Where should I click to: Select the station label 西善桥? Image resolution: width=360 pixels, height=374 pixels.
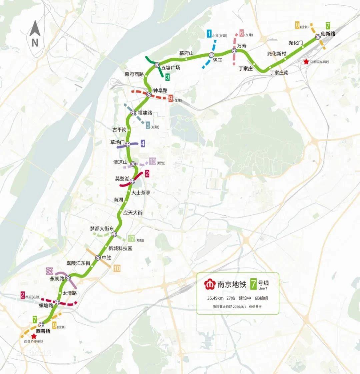click(x=43, y=331)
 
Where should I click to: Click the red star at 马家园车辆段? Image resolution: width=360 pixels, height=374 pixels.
click(x=306, y=62)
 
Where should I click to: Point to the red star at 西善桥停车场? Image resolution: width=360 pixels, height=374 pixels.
click(x=33, y=336)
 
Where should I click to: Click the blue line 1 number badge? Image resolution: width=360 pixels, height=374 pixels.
click(x=209, y=34)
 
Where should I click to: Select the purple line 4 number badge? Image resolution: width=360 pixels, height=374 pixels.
click(x=143, y=143)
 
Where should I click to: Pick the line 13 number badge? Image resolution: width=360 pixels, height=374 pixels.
click(x=153, y=161)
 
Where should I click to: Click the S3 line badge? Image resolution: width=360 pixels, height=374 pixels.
click(x=50, y=271)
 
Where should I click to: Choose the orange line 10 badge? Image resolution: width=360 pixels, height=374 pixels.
click(x=117, y=268)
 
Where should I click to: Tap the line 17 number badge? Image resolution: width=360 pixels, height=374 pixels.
click(x=131, y=239)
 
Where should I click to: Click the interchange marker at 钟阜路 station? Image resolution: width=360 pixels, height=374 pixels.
click(x=149, y=95)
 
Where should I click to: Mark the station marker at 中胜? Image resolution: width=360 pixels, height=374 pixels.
click(x=98, y=258)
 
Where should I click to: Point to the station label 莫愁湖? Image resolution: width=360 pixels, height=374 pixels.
click(x=122, y=178)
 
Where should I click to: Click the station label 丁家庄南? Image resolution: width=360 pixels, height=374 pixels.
click(x=279, y=72)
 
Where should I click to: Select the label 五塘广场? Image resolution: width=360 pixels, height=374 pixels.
click(x=171, y=68)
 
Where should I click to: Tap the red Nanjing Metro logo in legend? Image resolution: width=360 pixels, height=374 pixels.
click(x=210, y=284)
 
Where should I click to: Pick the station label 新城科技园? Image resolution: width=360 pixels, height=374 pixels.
click(x=120, y=249)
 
